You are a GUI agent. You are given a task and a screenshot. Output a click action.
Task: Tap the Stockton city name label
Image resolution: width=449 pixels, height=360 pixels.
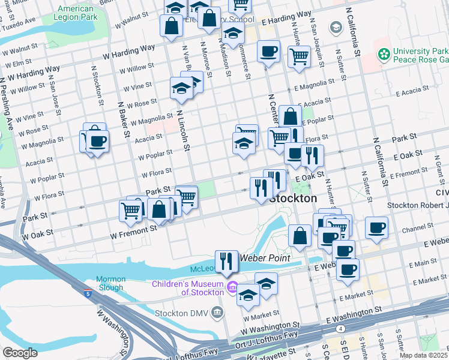(294, 198)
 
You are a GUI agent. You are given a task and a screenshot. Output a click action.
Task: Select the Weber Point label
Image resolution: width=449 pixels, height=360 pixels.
(265, 258)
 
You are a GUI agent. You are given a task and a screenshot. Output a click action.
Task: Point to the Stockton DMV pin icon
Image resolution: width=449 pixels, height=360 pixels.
(217, 312)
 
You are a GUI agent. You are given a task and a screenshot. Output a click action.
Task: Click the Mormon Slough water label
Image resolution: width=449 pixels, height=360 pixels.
(111, 283)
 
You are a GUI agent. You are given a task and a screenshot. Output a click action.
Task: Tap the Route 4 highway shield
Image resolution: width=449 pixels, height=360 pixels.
(340, 329)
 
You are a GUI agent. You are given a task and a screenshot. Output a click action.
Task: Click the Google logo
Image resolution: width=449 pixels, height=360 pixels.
(20, 353)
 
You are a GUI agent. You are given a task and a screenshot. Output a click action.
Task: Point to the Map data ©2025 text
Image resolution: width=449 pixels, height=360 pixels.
(424, 355)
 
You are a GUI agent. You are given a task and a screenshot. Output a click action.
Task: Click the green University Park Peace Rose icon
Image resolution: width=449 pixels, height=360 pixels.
(384, 55)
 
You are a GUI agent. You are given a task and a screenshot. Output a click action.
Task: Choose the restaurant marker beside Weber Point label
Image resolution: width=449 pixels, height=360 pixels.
(226, 262)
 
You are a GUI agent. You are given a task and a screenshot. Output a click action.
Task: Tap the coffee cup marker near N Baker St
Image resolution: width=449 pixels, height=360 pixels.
(97, 142)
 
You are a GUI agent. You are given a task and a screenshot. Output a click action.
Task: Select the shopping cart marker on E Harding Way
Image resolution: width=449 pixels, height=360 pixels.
(299, 58)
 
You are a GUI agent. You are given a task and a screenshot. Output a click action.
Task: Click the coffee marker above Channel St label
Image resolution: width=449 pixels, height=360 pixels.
(376, 227)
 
